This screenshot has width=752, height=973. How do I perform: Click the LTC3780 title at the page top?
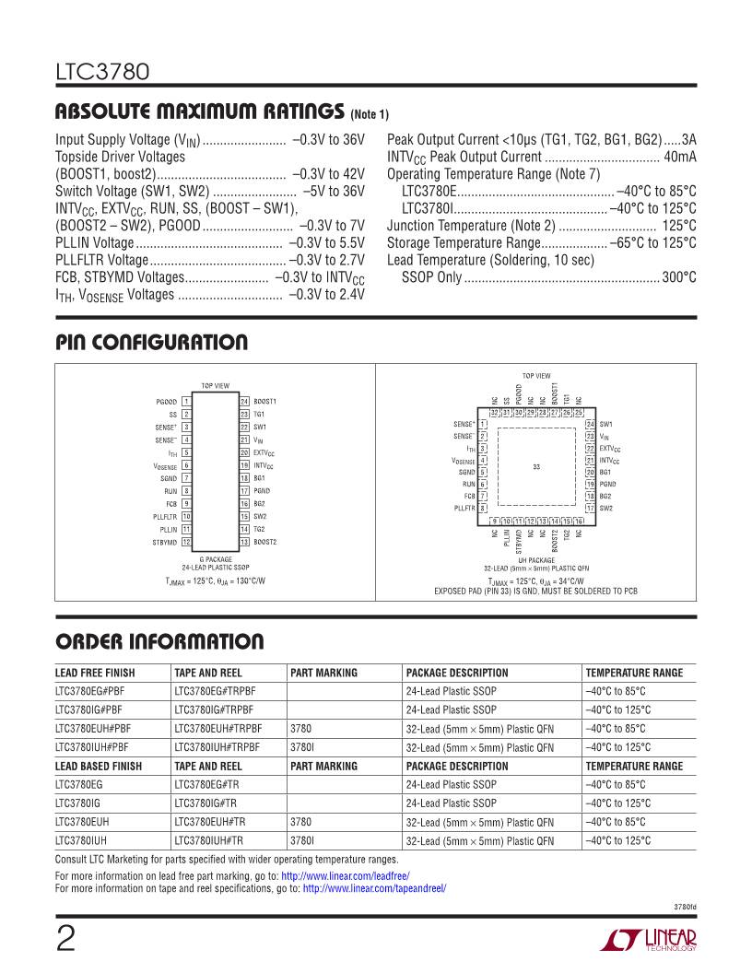98,72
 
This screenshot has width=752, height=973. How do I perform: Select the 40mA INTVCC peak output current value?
679,158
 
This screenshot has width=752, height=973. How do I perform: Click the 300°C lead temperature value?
679,277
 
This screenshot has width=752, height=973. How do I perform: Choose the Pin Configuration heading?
151,344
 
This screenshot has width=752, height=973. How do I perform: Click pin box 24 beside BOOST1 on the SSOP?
244,402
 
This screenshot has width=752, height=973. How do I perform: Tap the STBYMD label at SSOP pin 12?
165,543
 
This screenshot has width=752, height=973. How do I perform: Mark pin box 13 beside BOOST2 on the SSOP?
244,543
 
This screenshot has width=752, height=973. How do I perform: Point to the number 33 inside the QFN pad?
535,468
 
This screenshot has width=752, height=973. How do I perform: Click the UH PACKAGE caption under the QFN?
535,560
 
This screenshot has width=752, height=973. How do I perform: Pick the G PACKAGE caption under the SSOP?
215,559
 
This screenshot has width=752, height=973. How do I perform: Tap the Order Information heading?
159,642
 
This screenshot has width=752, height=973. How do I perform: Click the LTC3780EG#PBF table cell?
92,691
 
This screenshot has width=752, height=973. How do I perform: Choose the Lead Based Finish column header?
99,766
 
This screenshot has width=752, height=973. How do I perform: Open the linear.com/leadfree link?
345,875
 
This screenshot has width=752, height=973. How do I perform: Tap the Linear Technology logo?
649,939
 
